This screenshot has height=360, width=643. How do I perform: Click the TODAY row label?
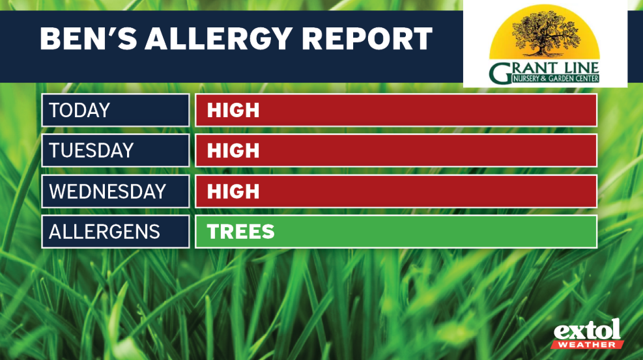click(80, 111)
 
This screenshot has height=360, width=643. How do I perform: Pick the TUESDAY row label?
click(91, 151)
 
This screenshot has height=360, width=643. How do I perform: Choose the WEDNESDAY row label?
click(107, 191)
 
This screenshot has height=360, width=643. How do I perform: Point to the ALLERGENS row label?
click(104, 232)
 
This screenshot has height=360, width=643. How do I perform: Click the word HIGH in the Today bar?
click(233, 111)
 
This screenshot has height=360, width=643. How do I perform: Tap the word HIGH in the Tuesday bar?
click(233, 151)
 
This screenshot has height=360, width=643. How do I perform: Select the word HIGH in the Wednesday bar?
click(233, 191)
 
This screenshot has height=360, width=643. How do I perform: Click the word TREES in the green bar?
click(240, 232)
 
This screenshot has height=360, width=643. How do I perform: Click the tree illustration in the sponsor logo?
click(545, 33)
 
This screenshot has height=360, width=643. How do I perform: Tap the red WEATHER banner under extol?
click(588, 344)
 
